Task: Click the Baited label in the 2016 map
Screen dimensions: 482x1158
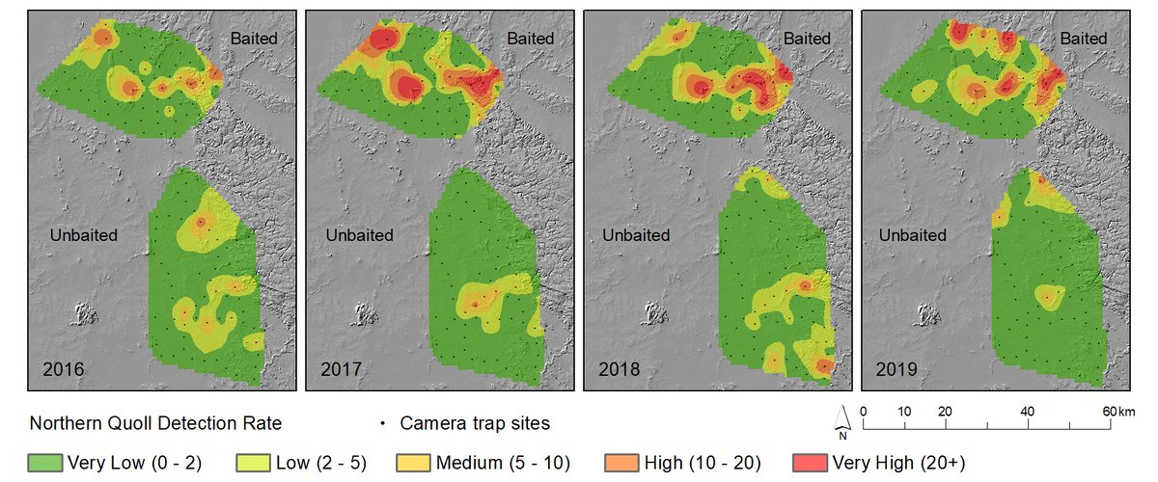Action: coord(253,39)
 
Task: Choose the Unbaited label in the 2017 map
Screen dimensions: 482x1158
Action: coord(360,235)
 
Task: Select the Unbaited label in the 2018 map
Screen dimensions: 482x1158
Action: coord(638,235)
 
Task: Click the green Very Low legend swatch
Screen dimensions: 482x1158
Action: coord(47,463)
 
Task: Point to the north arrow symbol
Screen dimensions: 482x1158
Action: coord(842,417)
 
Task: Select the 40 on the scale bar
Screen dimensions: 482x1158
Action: coord(1028,412)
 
